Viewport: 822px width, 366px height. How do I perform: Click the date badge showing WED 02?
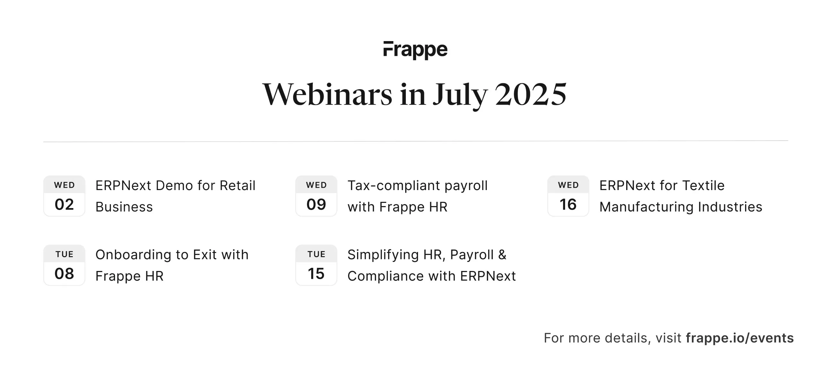[64, 196]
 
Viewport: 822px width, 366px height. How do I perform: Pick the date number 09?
[316, 205]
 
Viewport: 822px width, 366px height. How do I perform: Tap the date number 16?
[568, 205]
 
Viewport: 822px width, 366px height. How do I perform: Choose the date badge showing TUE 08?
[64, 265]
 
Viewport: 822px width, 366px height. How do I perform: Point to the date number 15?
[316, 274]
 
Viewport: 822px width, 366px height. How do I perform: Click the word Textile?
[703, 186]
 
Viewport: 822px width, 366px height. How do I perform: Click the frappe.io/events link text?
[740, 338]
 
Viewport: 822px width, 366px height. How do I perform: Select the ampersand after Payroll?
[502, 255]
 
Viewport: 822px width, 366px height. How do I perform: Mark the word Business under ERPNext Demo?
[124, 207]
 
